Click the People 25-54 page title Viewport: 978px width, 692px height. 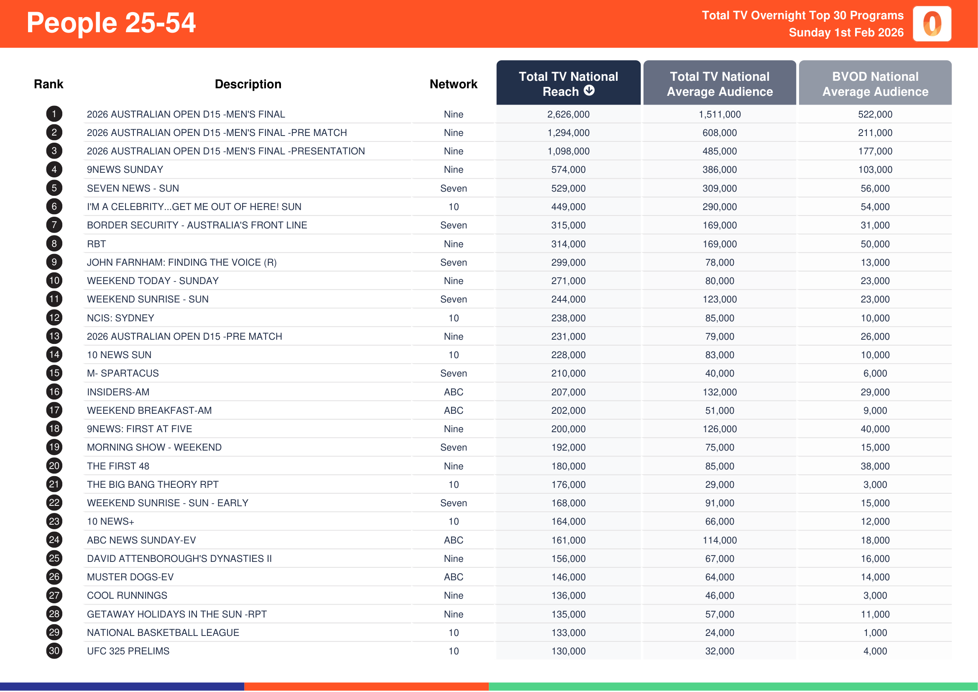coord(111,23)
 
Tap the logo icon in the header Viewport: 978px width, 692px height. coord(932,24)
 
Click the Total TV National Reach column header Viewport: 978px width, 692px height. coord(568,84)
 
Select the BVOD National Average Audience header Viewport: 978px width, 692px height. coord(875,84)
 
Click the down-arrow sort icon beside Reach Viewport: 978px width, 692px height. coord(589,90)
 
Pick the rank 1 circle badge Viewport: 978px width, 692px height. coord(54,114)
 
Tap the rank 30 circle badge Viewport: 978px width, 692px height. coord(54,651)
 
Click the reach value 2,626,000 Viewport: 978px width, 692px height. coord(568,115)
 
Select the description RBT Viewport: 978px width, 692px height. coord(96,244)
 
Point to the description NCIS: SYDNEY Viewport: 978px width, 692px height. coord(120,318)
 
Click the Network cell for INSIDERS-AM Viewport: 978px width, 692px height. coord(453,392)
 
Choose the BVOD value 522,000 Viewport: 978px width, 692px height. coord(875,115)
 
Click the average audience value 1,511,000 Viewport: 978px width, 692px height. coord(720,115)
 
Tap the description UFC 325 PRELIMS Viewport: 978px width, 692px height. coord(128,651)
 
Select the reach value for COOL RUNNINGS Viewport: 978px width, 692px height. coord(568,596)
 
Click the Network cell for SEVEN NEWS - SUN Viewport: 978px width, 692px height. coord(453,188)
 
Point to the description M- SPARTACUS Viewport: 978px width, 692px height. coord(123,373)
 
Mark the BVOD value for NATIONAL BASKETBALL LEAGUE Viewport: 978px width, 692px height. coord(875,633)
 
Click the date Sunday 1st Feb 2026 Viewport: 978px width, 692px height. coord(845,33)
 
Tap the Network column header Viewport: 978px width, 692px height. coord(453,85)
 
